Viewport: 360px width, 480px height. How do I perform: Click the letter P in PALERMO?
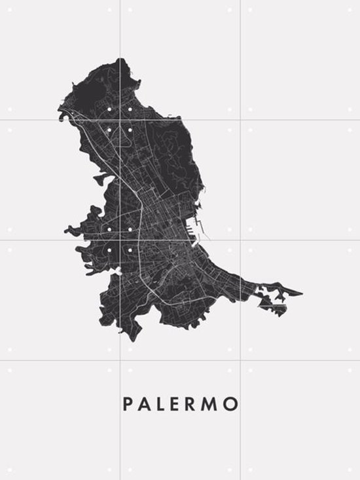(x=128, y=404)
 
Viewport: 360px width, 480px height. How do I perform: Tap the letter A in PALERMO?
(x=146, y=404)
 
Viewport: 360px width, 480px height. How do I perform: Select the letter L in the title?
(x=162, y=404)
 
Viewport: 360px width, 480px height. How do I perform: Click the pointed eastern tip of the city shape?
(x=300, y=293)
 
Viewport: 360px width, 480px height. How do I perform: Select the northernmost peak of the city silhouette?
(x=121, y=60)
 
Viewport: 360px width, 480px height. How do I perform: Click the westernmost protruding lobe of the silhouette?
(x=67, y=231)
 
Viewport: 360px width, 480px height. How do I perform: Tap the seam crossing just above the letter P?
(x=120, y=360)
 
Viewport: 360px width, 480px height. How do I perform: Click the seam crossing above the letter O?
(x=240, y=360)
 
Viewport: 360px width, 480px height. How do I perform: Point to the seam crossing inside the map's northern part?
(x=120, y=119)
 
